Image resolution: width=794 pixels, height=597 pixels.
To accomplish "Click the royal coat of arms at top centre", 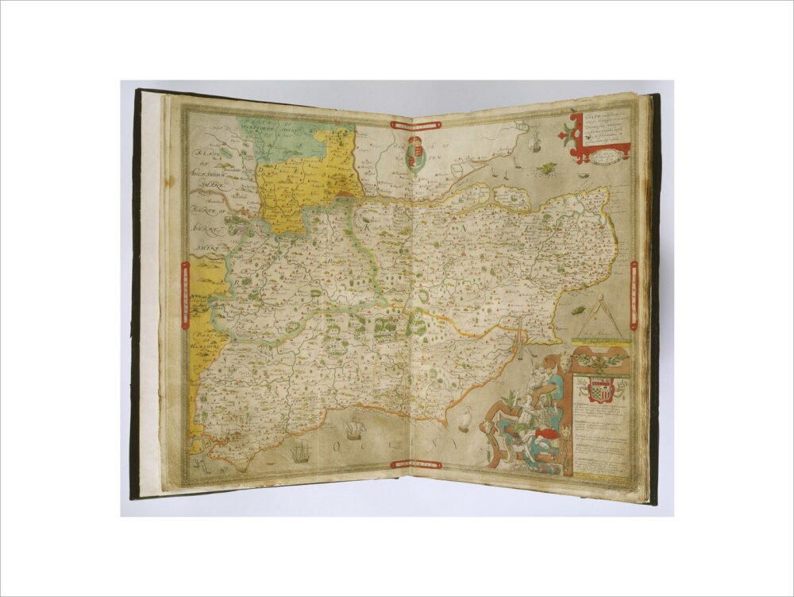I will click(x=414, y=153).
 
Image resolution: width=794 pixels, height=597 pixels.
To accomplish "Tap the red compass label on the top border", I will click(x=414, y=124).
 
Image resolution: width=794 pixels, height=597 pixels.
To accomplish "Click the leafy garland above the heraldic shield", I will click(x=600, y=362).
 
